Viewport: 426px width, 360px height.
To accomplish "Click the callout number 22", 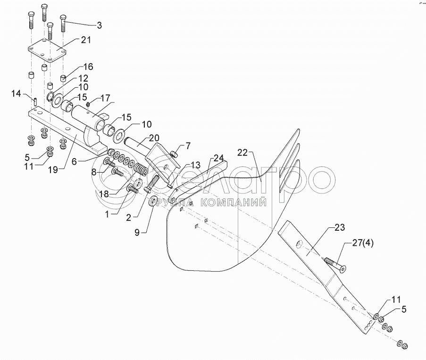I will pos(242,153).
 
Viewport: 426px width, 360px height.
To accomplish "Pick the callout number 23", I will pos(340,228).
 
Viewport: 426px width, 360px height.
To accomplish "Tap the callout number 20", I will pos(141,138).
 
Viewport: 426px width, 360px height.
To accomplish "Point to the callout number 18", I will pos(103,194).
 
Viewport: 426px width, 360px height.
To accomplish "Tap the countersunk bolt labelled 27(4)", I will pos(334,264).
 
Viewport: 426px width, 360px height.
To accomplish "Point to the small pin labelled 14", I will pos(36,101).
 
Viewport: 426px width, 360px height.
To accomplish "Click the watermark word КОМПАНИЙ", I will pos(234,203).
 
